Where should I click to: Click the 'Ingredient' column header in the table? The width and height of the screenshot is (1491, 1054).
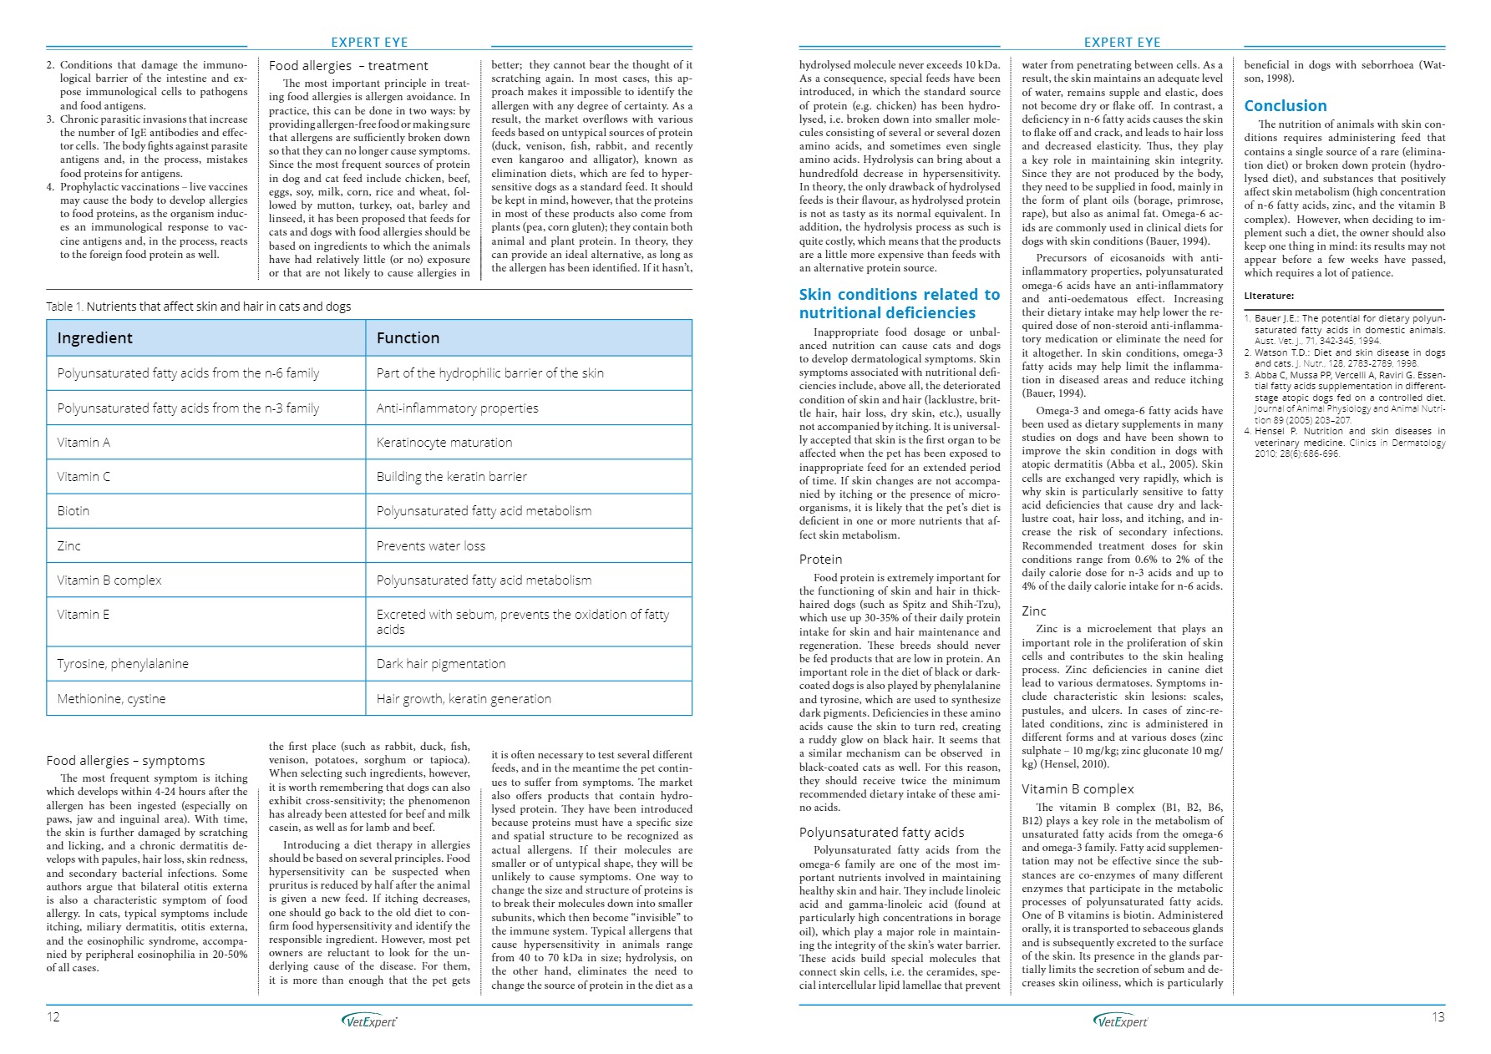(94, 337)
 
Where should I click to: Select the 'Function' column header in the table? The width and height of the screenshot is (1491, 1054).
(408, 337)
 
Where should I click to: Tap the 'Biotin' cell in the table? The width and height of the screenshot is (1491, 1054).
(74, 511)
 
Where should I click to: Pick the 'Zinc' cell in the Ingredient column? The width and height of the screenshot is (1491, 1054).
(69, 546)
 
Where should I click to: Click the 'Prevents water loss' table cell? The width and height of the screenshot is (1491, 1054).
(431, 546)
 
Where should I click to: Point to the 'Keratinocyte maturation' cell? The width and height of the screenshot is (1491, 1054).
(444, 443)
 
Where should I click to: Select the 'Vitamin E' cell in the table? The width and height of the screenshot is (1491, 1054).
(84, 615)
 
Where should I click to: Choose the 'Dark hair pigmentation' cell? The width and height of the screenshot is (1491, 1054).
(441, 664)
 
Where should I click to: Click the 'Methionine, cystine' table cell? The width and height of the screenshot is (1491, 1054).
(111, 699)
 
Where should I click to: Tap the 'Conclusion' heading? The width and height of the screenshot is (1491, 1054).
(1285, 106)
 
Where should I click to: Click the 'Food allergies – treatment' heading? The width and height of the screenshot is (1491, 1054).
(348, 66)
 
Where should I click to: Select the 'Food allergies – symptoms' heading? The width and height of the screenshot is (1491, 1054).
(125, 761)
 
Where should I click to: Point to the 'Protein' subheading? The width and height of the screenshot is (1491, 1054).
(820, 560)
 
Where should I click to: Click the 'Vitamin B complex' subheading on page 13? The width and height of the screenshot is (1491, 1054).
(1078, 789)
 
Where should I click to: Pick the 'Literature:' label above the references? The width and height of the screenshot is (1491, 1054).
(1269, 296)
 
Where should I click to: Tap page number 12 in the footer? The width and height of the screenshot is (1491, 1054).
(53, 1017)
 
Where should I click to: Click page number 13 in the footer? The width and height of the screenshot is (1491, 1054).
(1438, 1017)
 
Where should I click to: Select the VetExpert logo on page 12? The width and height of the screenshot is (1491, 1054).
(369, 1021)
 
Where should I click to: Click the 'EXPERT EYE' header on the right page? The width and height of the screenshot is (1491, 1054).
(1122, 43)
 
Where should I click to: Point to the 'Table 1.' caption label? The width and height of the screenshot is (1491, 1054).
(64, 307)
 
